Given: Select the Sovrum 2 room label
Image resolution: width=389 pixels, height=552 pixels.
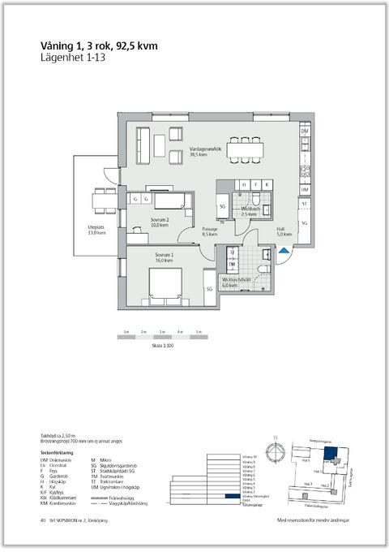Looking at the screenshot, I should [160, 222].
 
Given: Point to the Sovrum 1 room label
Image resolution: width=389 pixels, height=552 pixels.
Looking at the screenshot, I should [165, 257].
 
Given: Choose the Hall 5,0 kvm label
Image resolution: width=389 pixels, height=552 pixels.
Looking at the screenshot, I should [280, 232].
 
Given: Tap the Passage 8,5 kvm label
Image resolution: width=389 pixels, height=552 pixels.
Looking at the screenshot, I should [211, 232].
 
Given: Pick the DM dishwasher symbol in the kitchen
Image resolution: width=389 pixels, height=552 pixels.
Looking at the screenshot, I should [305, 131].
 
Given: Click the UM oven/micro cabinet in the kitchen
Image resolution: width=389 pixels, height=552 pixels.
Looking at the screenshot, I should [305, 189].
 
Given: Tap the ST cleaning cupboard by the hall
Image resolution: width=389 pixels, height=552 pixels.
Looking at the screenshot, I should [305, 204].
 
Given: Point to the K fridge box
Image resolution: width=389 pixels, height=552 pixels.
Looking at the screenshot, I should [267, 184].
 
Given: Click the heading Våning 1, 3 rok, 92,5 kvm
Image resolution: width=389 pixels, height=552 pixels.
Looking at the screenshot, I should [98, 46].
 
